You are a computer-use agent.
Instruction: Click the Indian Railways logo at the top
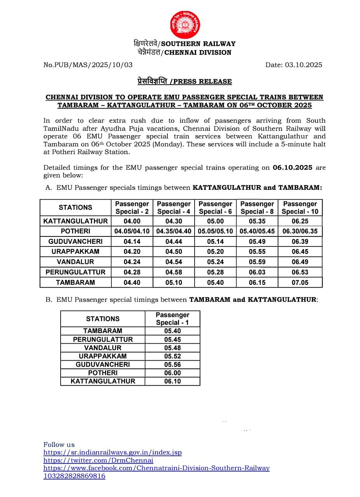click(184, 24)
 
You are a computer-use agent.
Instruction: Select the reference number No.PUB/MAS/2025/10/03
click(88, 65)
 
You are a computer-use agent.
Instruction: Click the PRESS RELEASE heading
click(184, 81)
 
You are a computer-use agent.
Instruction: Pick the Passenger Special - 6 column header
click(215, 208)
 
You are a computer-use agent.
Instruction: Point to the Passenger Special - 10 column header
click(300, 208)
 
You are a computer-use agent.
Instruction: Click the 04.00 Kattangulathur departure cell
click(132, 221)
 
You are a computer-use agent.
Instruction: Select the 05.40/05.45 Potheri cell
click(257, 231)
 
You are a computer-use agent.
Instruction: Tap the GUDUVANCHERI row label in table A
click(75, 242)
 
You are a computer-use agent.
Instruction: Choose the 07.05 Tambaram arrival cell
click(300, 282)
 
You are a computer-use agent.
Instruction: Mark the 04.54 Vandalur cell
click(174, 262)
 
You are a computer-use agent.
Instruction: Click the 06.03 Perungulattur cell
click(257, 272)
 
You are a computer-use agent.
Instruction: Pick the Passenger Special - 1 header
click(172, 319)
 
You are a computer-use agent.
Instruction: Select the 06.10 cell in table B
click(172, 381)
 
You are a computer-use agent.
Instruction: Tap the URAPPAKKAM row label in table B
click(103, 356)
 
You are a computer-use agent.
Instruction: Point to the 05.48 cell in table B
click(172, 348)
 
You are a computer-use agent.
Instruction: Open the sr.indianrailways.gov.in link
click(112, 452)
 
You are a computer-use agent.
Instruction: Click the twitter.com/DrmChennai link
click(98, 460)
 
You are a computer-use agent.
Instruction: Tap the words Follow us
click(59, 445)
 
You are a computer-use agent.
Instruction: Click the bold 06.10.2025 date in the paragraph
click(292, 168)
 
